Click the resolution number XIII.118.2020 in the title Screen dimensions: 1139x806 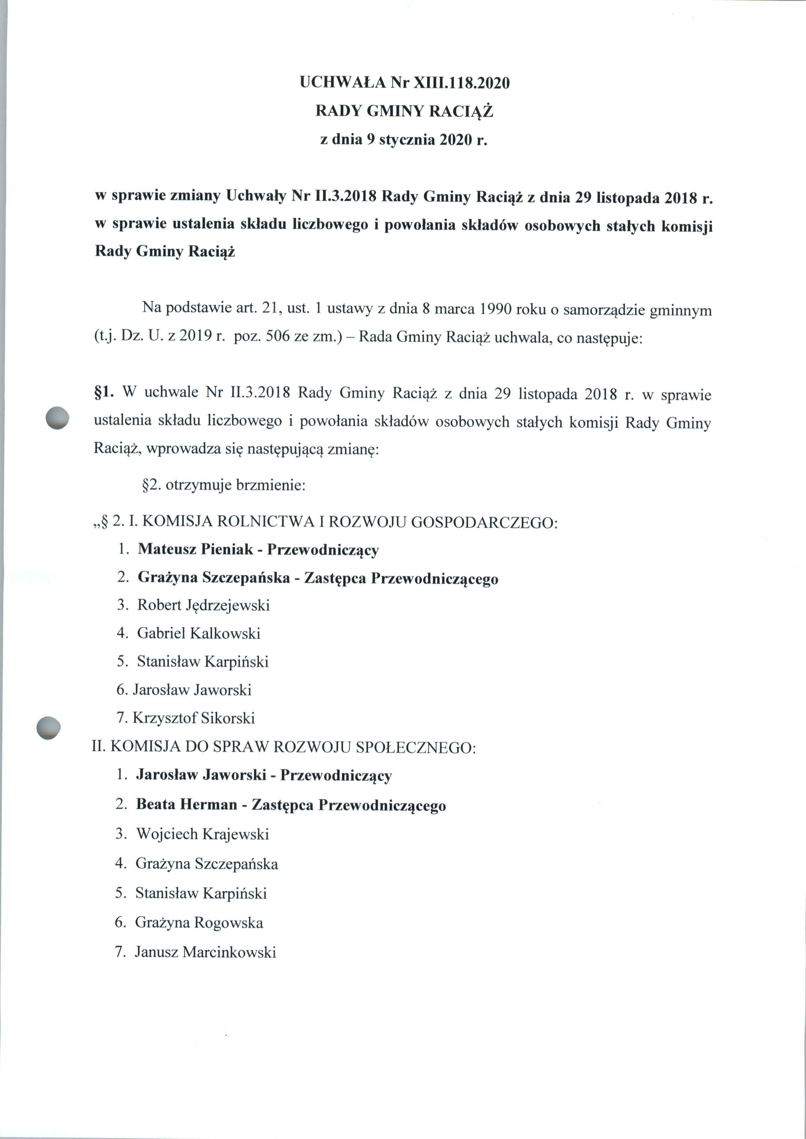coord(458,83)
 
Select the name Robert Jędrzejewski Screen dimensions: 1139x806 coord(203,606)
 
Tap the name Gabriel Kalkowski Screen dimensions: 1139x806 coord(199,633)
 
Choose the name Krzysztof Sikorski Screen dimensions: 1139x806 coord(194,718)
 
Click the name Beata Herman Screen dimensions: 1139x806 coord(187,805)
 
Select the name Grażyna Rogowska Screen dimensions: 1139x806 coord(199,923)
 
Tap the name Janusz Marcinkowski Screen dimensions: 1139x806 coord(205,952)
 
